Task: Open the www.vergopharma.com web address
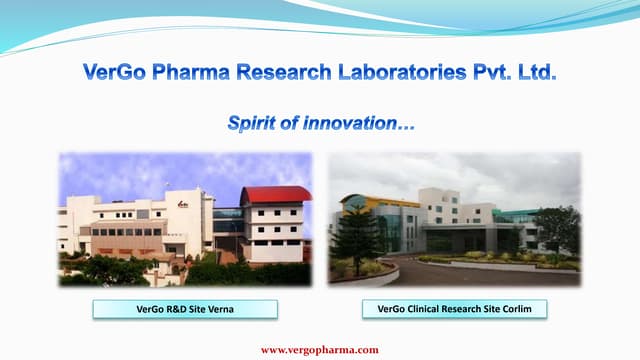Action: pyautogui.click(x=320, y=349)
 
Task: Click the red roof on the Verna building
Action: pyautogui.click(x=276, y=194)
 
